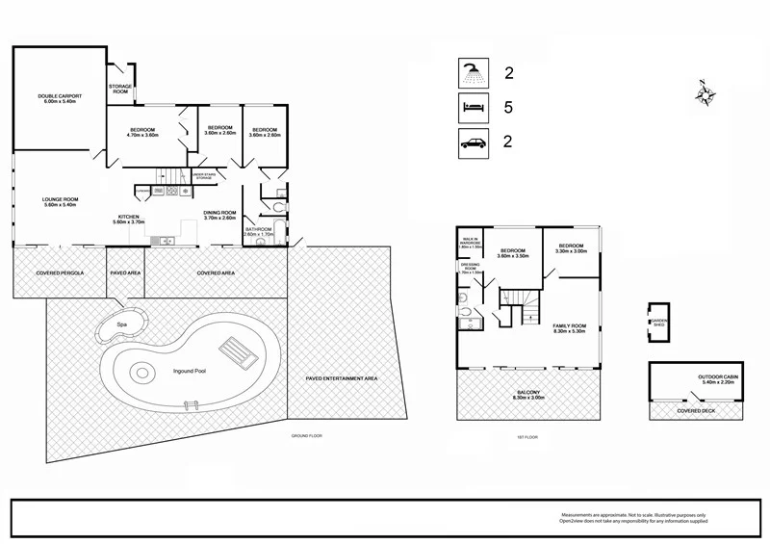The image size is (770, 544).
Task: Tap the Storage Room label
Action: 120,89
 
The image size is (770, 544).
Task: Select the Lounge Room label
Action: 59,202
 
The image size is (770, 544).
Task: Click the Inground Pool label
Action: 191,370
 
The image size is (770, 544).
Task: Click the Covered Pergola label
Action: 62,272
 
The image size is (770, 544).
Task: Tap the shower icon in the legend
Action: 472,72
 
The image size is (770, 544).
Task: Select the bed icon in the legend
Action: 472,109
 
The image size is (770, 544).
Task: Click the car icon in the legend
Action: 472,144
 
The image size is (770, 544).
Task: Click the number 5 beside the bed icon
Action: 509,108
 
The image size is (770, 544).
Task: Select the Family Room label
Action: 569,328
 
